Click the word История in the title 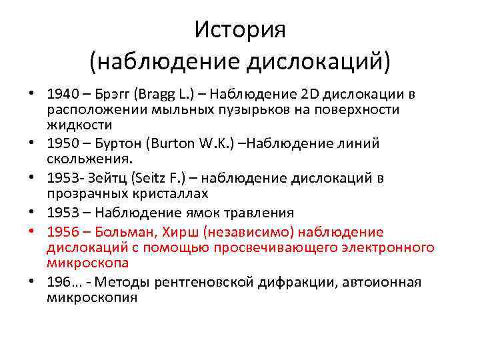coord(240,29)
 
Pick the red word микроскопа coord(85,263)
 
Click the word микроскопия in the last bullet coord(92,297)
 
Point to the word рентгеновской coord(200,282)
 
